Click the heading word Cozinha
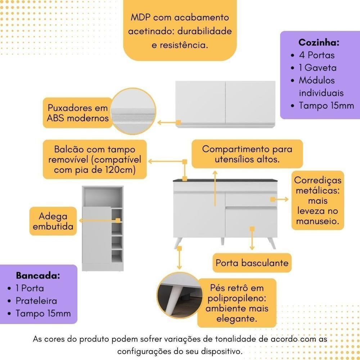(x=319, y=42)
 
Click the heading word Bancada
(x=38, y=276)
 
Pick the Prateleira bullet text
(x=36, y=301)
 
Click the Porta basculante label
(x=252, y=263)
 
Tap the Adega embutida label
(x=53, y=221)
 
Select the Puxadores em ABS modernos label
(x=78, y=113)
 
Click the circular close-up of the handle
(x=134, y=113)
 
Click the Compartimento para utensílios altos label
(x=247, y=154)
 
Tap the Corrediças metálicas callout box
(x=318, y=200)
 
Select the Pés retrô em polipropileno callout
(x=237, y=303)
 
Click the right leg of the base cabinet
(x=272, y=243)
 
